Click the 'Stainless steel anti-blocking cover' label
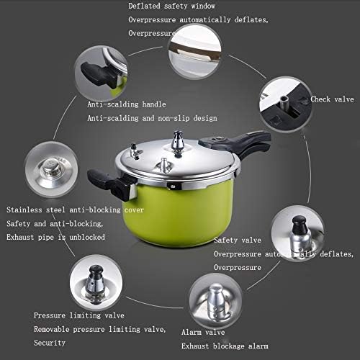click(x=76, y=210)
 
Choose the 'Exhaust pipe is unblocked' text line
click(x=56, y=236)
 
